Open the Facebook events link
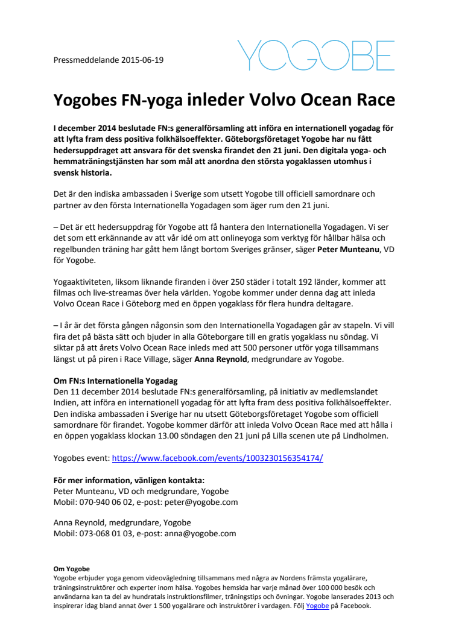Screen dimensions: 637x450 coord(218,458)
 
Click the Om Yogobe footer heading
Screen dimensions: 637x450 coord(71,569)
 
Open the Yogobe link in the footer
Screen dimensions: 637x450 coord(317,606)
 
